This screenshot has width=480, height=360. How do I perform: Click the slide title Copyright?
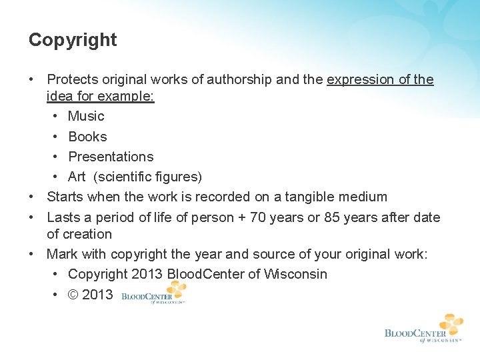73,40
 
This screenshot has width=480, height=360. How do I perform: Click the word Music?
86,116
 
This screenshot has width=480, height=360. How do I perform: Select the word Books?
87,137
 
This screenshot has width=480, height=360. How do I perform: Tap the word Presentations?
111,157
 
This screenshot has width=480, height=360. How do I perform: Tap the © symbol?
73,295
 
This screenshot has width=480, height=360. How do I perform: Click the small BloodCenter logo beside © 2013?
155,293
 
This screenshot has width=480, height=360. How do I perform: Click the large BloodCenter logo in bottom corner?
424,328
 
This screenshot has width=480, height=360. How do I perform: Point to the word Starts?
65,197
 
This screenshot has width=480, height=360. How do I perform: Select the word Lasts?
65,217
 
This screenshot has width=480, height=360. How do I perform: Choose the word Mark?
62,254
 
